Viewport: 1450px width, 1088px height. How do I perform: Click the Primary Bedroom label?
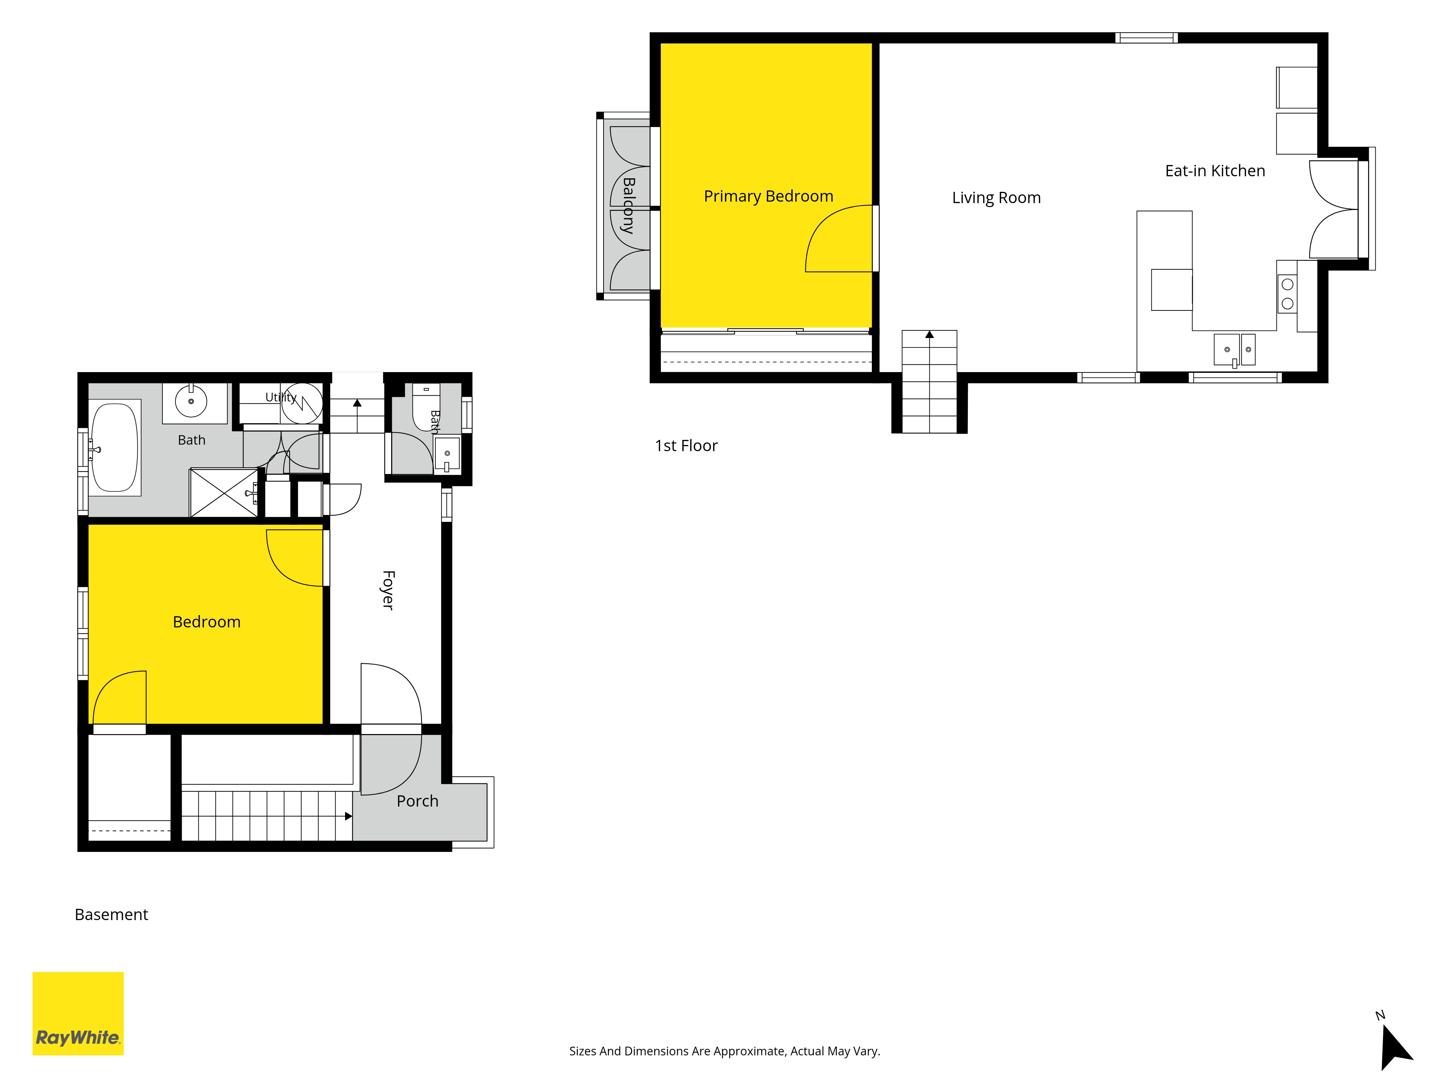(x=768, y=196)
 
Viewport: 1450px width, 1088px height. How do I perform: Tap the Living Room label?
(x=997, y=197)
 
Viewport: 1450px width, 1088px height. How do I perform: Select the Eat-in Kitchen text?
(x=1215, y=170)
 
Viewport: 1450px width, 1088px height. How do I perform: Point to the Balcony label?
(x=628, y=205)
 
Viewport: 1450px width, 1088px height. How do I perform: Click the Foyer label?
(x=388, y=590)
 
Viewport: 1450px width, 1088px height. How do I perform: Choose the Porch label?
(x=418, y=801)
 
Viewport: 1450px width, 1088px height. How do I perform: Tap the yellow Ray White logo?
(x=78, y=1013)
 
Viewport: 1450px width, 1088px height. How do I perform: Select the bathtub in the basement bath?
(x=115, y=447)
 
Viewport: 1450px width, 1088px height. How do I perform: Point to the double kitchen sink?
(x=1235, y=350)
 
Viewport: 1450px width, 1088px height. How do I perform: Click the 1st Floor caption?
(x=686, y=445)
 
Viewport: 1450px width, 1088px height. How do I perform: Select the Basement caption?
(x=111, y=914)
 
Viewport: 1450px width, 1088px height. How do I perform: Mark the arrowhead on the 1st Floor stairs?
(x=929, y=334)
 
